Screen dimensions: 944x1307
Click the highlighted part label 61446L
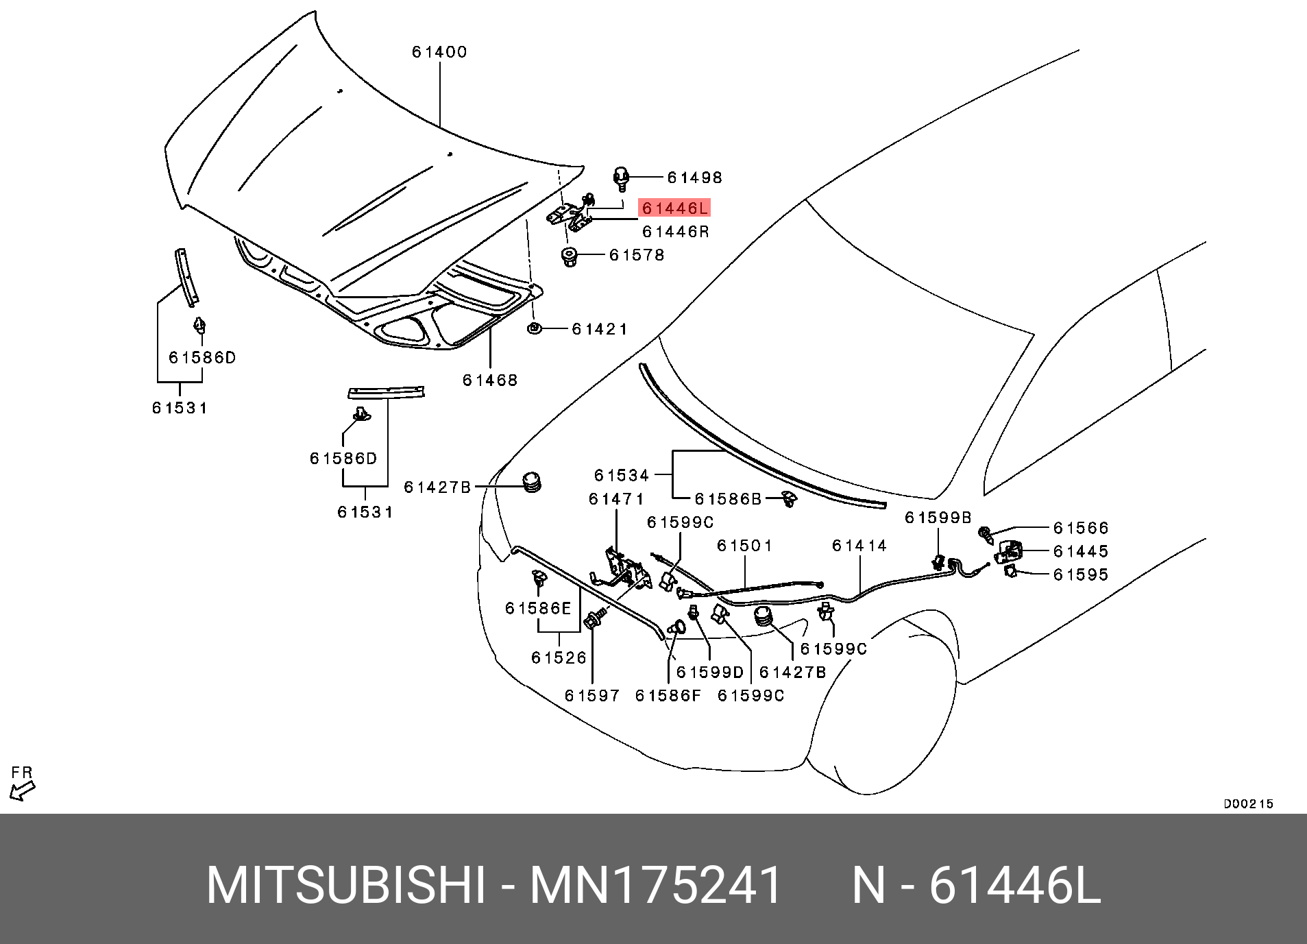674,208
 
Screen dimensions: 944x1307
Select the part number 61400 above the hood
439,52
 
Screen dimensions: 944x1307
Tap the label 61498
694,178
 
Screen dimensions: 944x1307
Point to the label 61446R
675,232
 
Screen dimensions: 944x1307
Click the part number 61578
637,255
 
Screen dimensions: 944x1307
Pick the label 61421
600,329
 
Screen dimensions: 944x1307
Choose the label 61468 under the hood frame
490,380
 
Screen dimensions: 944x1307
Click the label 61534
622,475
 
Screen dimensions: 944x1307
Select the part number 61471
616,499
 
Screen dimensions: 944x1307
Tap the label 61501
744,546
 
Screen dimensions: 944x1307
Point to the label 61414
859,546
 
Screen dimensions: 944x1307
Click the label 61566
1081,528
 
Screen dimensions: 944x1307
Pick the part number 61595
1081,574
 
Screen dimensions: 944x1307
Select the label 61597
592,696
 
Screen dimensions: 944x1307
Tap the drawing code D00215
1248,803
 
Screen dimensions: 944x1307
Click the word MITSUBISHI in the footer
346,885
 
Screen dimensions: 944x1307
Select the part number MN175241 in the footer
656,885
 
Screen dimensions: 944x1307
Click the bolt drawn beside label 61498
621,178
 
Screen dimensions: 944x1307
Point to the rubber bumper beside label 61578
569,257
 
